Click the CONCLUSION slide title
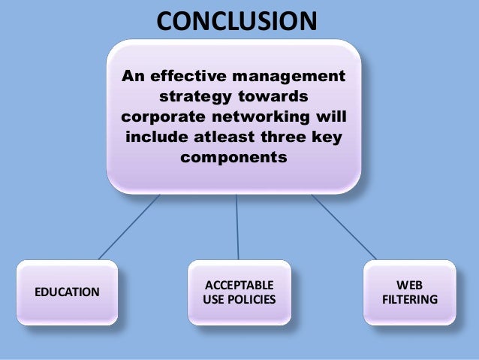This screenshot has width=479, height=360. (x=236, y=20)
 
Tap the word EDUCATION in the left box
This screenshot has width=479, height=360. (x=67, y=292)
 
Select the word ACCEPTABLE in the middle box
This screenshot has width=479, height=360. (x=239, y=284)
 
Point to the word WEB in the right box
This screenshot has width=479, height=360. (x=409, y=284)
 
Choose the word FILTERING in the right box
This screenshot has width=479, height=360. (x=409, y=300)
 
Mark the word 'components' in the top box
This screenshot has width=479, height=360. (x=233, y=159)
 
